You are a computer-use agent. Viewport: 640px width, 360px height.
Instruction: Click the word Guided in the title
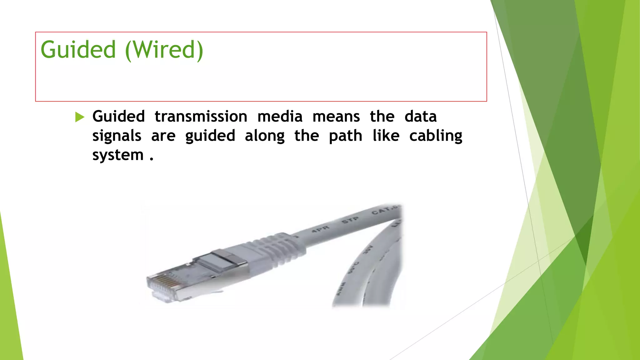(x=78, y=50)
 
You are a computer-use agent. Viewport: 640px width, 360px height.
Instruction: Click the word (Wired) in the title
(x=164, y=50)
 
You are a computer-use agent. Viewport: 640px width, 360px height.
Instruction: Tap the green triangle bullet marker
(x=80, y=117)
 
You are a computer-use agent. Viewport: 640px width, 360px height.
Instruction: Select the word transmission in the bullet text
(x=201, y=117)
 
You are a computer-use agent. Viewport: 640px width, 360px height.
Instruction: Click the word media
(x=280, y=117)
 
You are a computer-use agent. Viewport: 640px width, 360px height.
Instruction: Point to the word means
(x=336, y=117)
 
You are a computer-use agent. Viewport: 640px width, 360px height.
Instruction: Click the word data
(x=420, y=117)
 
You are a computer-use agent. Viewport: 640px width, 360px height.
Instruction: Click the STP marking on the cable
(x=350, y=220)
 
